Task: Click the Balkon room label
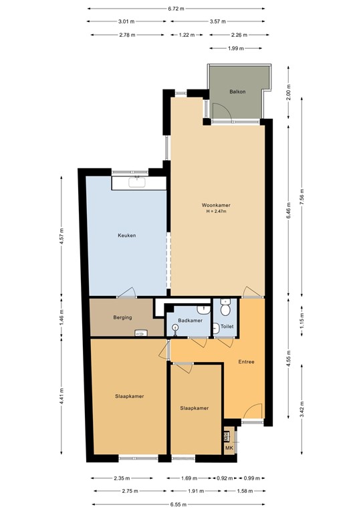point(237,92)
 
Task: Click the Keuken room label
point(127,235)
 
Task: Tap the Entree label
point(247,362)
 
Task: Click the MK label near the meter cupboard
point(229,448)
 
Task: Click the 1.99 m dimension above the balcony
point(234,48)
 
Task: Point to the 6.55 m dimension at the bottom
point(177,504)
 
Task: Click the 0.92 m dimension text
point(225,478)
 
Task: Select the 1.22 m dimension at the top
point(186,35)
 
